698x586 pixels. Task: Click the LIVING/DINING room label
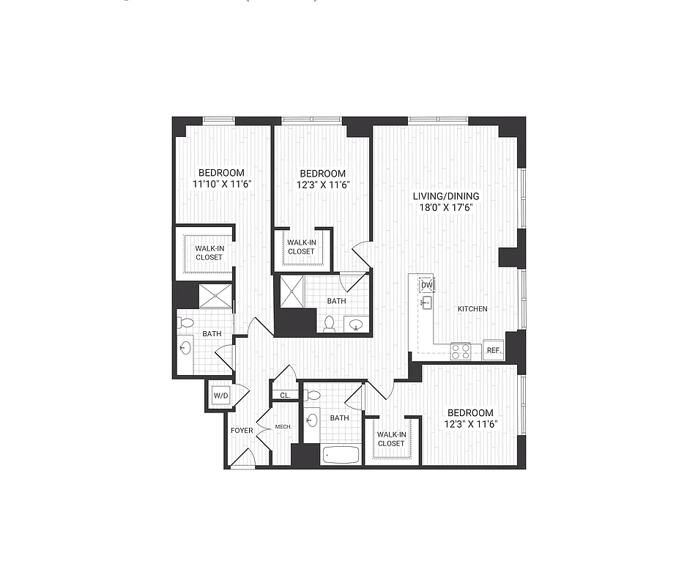point(445,196)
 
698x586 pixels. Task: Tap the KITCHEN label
point(472,309)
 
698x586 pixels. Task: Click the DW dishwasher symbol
point(427,285)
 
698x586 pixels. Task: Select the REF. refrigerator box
point(494,351)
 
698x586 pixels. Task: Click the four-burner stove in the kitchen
point(461,351)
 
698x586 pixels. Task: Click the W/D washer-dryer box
point(220,396)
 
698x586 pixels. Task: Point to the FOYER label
point(241,430)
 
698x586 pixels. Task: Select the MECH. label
point(283,427)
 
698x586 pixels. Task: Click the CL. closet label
point(285,396)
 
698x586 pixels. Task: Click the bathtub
point(341,454)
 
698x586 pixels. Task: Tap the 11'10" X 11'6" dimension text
point(218,185)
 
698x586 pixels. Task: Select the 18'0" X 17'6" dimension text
point(445,207)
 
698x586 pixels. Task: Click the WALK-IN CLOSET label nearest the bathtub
point(391,438)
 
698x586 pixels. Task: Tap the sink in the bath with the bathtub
point(313,420)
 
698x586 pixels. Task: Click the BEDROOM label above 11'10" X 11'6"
point(218,173)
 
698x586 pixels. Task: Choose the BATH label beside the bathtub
point(339,418)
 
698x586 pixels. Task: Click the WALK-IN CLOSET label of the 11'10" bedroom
point(209,253)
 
